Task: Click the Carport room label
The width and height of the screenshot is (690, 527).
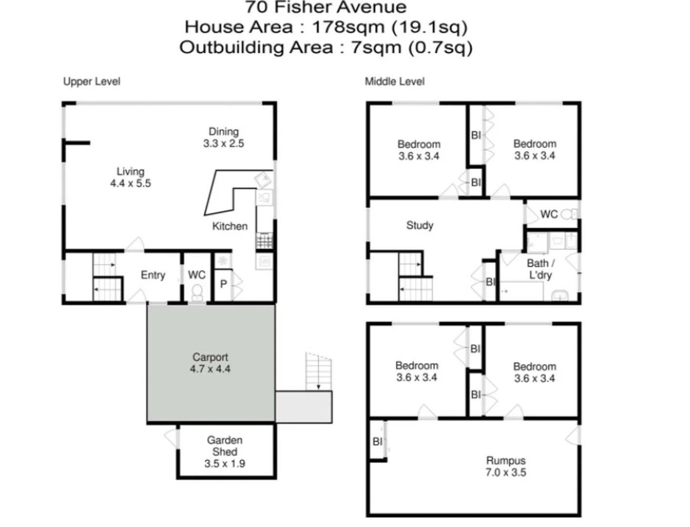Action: coord(210,357)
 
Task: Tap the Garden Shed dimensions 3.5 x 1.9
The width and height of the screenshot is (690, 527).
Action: coord(224,464)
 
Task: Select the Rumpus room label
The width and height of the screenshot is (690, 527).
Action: coord(506,461)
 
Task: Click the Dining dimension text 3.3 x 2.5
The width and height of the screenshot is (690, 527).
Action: coord(223,143)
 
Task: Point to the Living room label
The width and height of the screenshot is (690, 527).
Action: coord(130,172)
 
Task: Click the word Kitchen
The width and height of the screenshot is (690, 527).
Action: coord(230,226)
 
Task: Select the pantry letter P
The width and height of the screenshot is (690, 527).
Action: coord(223,284)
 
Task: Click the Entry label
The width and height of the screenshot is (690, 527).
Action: coord(153,275)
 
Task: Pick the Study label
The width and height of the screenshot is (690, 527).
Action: coord(419,225)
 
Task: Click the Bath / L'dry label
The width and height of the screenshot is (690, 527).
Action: coord(540,269)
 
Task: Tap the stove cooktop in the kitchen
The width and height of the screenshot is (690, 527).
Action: coord(264,240)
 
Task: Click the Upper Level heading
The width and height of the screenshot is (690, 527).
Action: coord(92,81)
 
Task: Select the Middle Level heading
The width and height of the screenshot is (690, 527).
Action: coord(394,81)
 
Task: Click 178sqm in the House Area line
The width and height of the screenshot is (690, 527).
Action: coord(348,27)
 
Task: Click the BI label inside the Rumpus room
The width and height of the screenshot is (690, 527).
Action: coord(377,442)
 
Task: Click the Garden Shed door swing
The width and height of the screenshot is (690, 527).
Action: coord(172,437)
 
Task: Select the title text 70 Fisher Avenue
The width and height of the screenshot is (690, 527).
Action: coord(325,7)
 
